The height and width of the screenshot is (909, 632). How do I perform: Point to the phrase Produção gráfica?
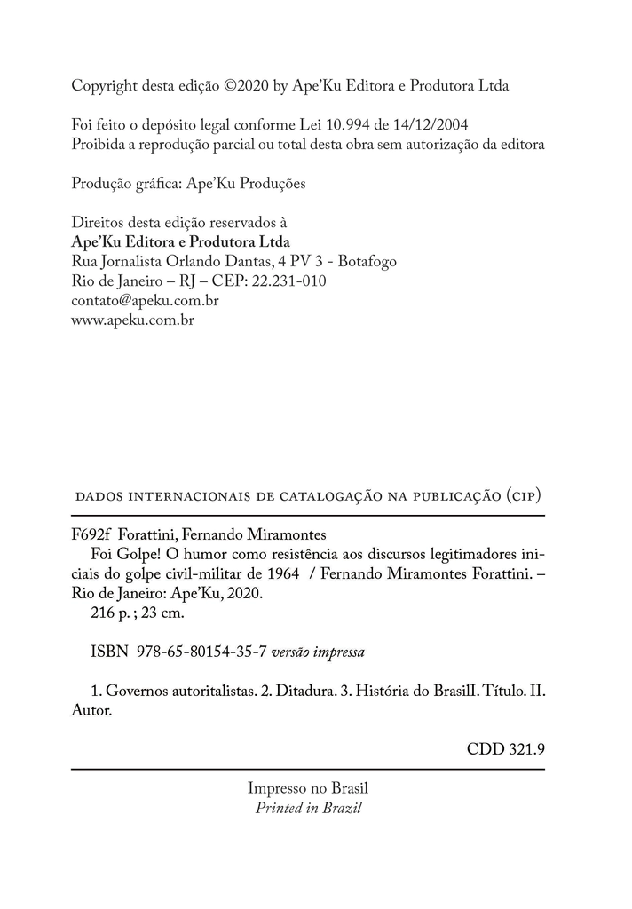point(124,184)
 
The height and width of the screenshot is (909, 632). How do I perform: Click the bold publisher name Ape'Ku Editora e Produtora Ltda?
point(180,241)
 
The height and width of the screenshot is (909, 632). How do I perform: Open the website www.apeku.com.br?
point(132,320)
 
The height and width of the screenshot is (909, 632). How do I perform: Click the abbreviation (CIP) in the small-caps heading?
point(523,494)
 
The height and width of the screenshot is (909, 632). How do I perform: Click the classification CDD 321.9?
point(505,749)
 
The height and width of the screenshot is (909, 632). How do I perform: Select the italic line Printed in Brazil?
point(308,808)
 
